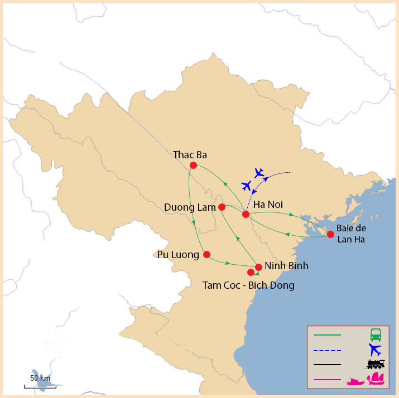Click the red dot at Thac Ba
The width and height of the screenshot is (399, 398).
pos(193,165)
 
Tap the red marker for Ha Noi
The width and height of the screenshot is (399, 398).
pos(246,214)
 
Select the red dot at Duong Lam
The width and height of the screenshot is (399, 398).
pos(222,207)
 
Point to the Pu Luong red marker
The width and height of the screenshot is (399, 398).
pos(206,254)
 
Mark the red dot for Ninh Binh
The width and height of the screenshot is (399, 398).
pos(258,266)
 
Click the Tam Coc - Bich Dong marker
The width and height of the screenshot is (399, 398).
pos(251,272)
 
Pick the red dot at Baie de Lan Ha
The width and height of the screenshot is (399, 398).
pos(330,234)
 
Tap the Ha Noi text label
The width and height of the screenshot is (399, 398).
pos(268,205)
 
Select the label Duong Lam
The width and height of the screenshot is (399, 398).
pos(190,207)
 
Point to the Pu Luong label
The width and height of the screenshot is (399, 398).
pos(178,255)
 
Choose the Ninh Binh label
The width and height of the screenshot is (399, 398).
pos(286,266)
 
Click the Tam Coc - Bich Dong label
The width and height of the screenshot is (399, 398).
pos(248,285)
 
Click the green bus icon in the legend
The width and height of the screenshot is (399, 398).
pos(376,335)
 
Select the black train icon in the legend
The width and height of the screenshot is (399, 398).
pos(376,364)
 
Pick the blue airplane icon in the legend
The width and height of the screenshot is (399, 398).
pos(375,350)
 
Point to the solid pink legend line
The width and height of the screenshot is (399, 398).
pos(327,380)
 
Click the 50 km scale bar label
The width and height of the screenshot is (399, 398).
pos(40,378)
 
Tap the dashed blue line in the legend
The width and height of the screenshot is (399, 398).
pos(327,350)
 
